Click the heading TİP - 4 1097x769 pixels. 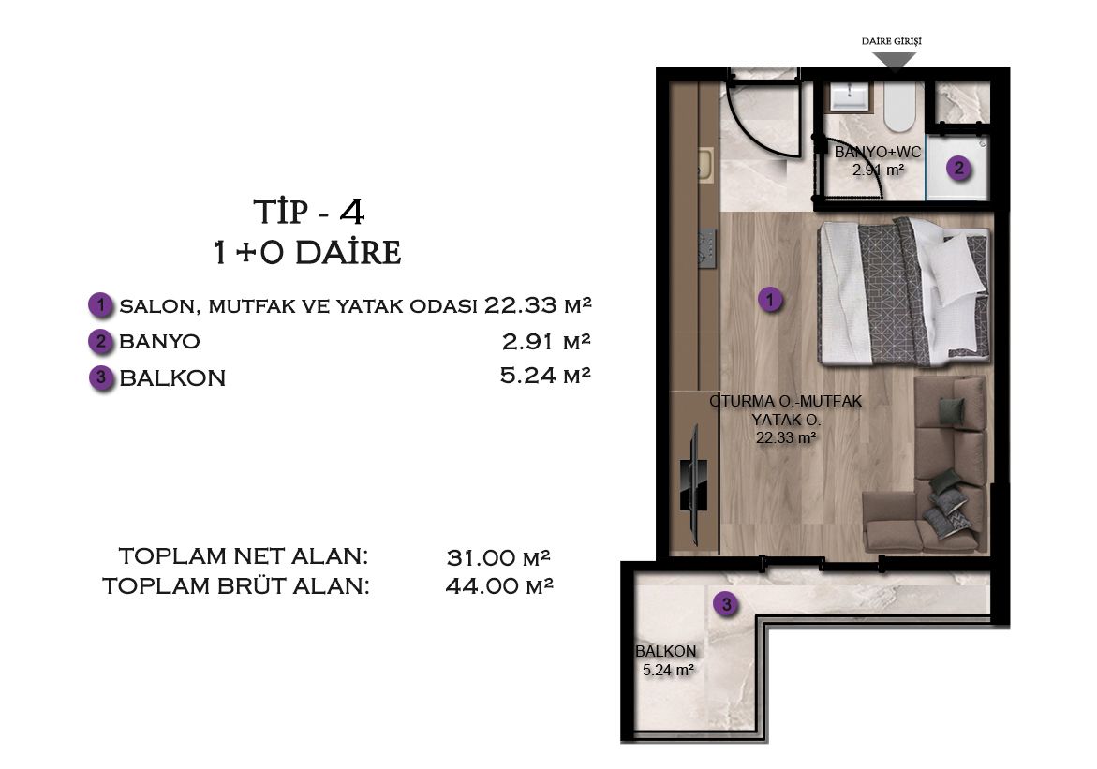click(309, 213)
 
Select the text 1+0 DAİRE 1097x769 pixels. click(308, 253)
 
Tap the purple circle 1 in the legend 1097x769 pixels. click(100, 305)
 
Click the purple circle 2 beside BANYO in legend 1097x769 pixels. click(100, 341)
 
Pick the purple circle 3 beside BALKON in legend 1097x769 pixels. click(101, 378)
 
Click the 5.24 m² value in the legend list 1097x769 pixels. click(546, 377)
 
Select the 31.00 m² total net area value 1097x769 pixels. click(498, 558)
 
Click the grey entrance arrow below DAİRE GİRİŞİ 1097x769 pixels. click(895, 60)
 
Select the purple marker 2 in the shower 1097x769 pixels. click(957, 169)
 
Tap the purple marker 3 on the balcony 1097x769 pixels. click(726, 605)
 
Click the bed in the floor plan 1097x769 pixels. click(903, 291)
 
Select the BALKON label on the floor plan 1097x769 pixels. click(666, 651)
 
